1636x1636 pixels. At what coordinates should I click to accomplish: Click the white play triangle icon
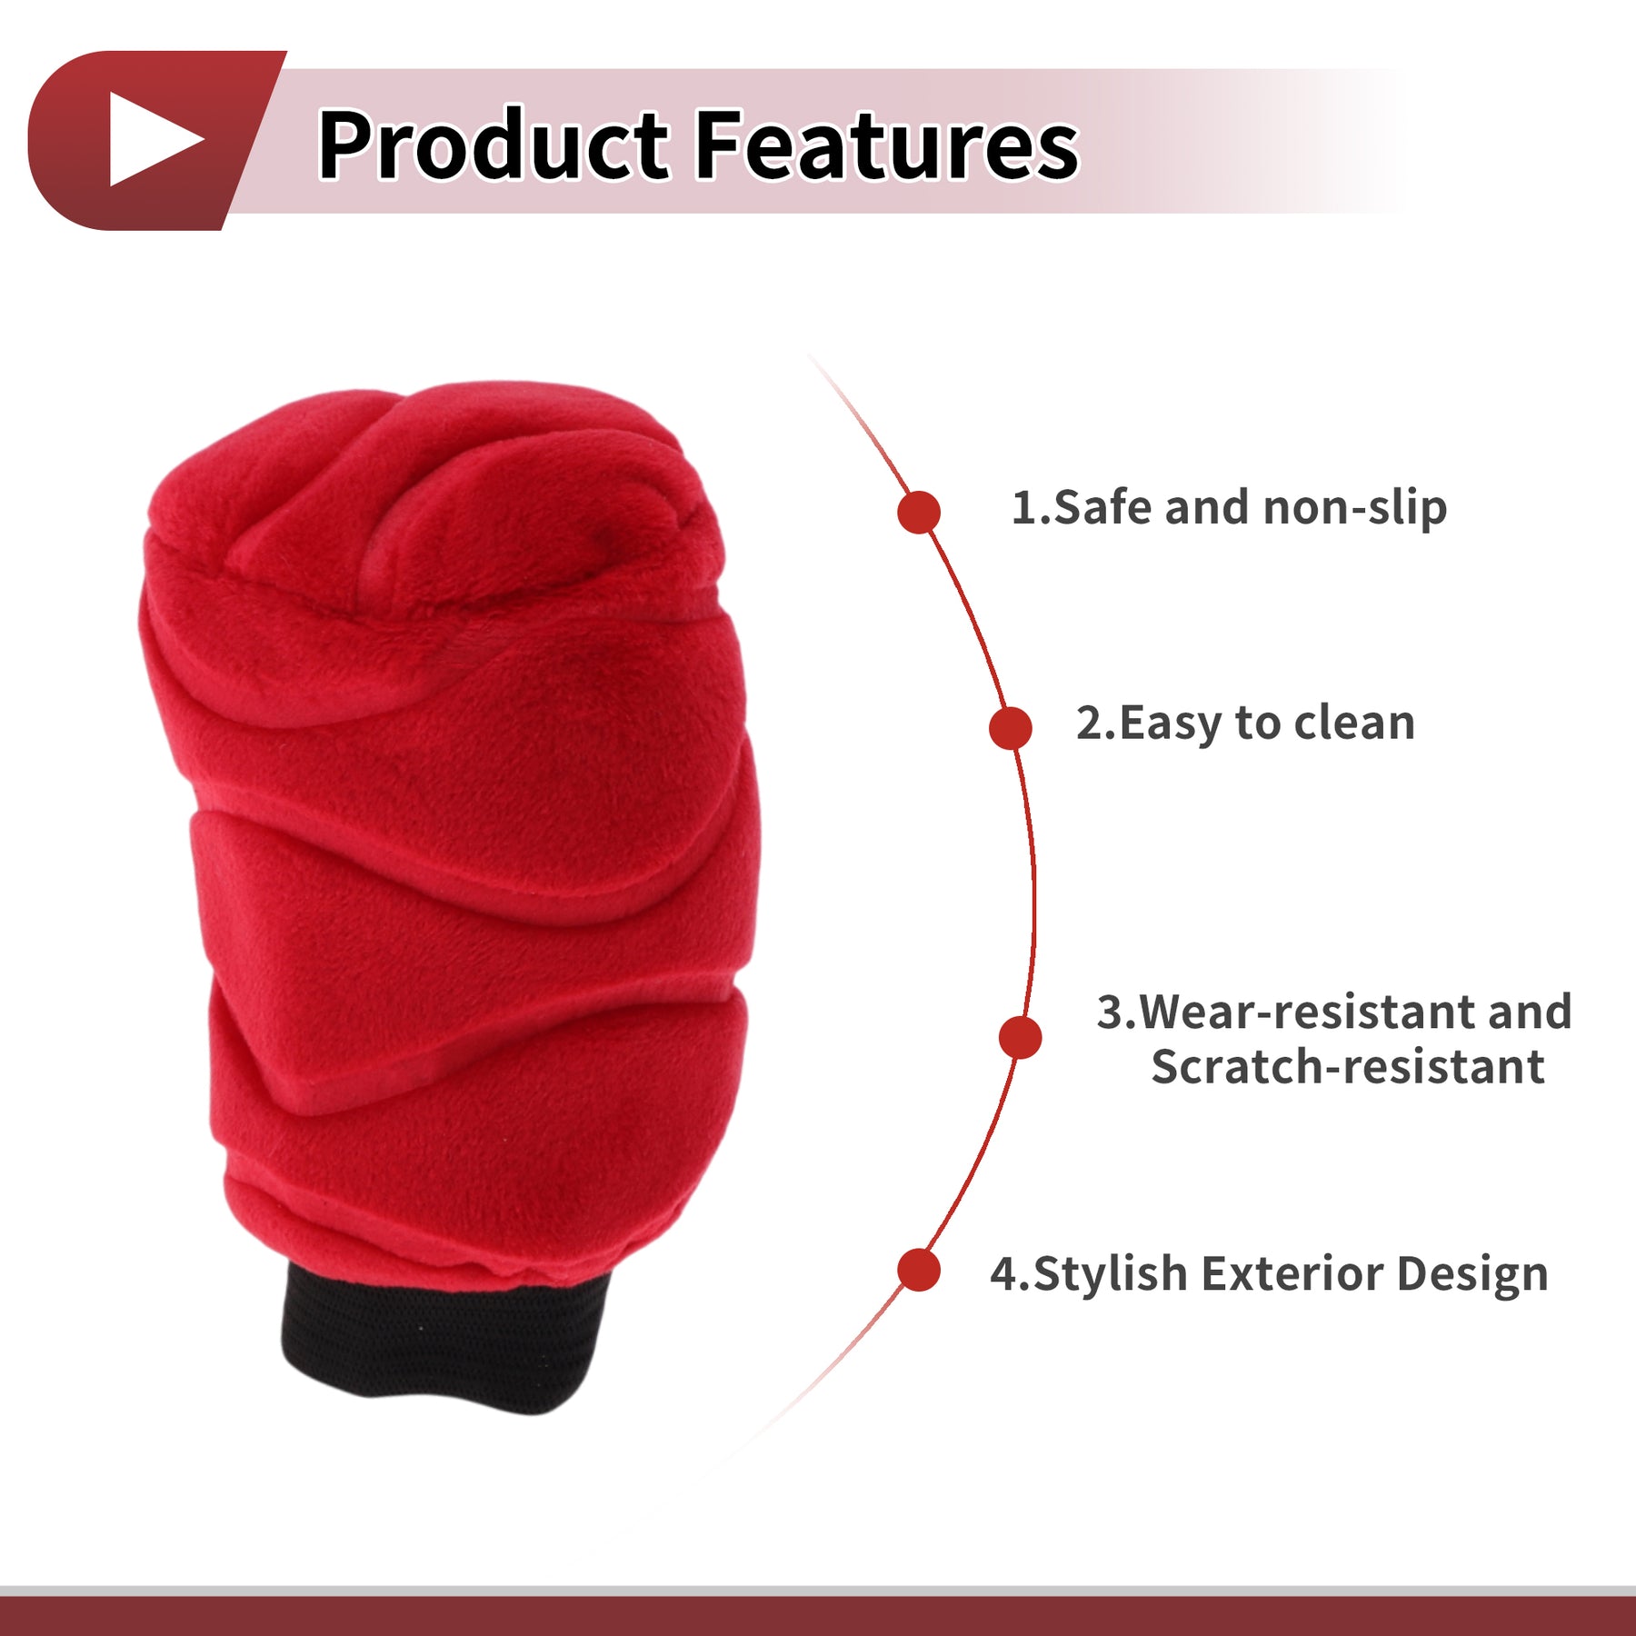point(150,139)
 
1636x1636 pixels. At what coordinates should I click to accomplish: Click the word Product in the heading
point(494,144)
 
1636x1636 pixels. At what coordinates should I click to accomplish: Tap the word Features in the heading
point(887,144)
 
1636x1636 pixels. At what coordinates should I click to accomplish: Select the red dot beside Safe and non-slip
point(918,512)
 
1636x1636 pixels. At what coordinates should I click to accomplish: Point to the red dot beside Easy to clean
point(1010,728)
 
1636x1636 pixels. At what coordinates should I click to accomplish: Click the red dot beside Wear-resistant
point(1020,1037)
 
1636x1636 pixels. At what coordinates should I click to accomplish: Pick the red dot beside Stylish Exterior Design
point(918,1270)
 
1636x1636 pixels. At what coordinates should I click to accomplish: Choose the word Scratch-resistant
point(1348,1066)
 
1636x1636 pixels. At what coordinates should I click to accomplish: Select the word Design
point(1472,1274)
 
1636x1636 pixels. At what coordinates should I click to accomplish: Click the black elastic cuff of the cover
point(445,1336)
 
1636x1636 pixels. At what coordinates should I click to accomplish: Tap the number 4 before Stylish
point(1003,1274)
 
